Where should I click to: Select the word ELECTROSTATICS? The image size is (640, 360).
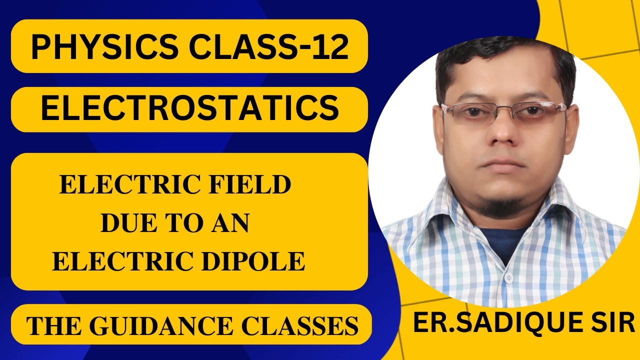[x=189, y=109]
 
